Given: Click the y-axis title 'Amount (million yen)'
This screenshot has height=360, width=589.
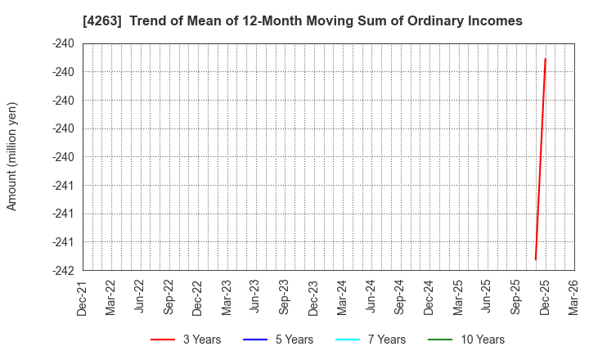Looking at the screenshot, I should pyautogui.click(x=12, y=156).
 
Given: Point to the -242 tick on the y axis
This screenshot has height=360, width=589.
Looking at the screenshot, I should pyautogui.click(x=63, y=270).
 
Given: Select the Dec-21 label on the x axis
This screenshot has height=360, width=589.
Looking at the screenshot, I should pyautogui.click(x=83, y=298).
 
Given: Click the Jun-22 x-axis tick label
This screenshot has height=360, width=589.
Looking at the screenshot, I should pyautogui.click(x=140, y=298).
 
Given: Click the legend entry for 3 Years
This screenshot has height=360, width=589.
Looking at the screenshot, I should pyautogui.click(x=186, y=340).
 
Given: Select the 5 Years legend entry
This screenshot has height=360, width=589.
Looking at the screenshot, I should pyautogui.click(x=278, y=340).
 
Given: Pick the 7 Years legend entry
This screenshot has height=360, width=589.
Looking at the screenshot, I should pyautogui.click(x=371, y=340).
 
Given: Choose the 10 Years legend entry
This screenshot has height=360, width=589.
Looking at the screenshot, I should pyautogui.click(x=466, y=340).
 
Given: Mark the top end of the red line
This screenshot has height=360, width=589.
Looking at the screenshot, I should pyautogui.click(x=545, y=58).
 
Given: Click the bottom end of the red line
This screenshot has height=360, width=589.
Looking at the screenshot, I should pyautogui.click(x=535, y=260).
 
